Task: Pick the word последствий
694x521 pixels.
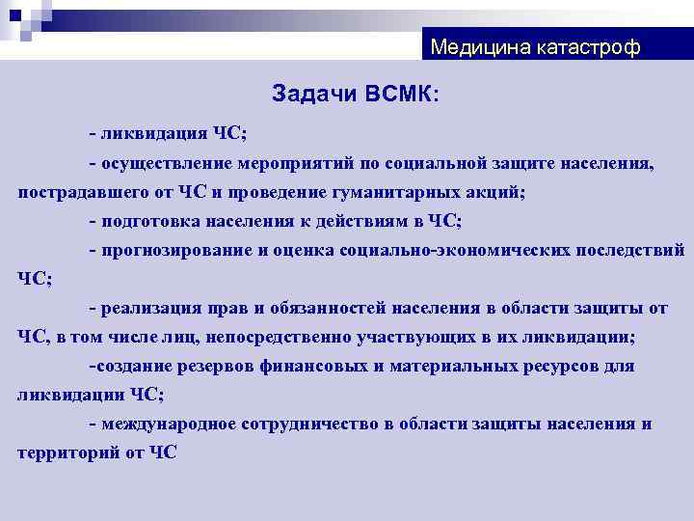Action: click(629, 250)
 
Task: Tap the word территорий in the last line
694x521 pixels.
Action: click(66, 453)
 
